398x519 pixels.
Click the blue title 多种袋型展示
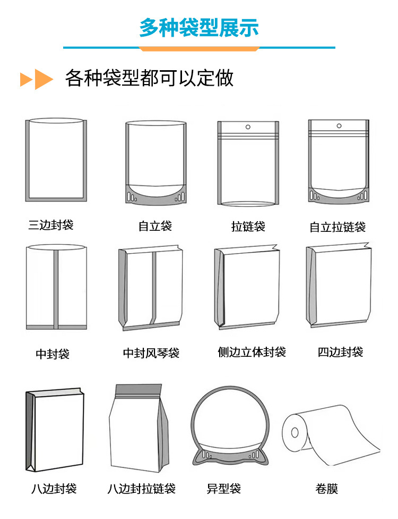click(199, 27)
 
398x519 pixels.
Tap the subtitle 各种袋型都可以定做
click(149, 79)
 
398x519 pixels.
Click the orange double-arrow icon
click(37, 79)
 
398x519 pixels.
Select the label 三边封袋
click(51, 224)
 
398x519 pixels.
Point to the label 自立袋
click(155, 227)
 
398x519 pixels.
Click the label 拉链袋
click(248, 227)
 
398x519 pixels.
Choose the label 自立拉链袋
click(338, 228)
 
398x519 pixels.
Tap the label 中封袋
click(53, 354)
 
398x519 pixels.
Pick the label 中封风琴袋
click(151, 353)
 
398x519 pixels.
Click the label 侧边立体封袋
click(252, 351)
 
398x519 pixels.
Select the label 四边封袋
click(340, 351)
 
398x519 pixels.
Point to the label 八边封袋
click(54, 489)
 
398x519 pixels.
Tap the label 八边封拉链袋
click(141, 489)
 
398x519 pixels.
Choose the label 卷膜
click(326, 489)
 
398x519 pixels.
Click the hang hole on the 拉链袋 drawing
click(247, 128)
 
